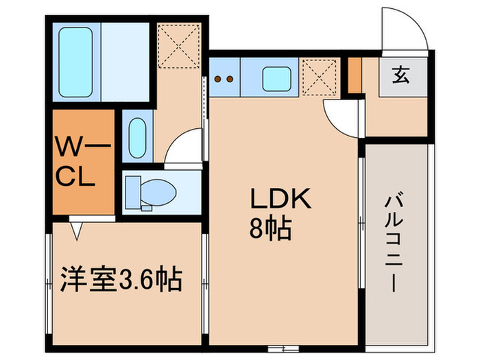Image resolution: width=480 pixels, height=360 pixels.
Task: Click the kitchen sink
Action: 277,77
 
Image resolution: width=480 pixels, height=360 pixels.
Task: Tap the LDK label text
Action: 280,200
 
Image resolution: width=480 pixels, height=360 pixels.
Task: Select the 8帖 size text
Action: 270,228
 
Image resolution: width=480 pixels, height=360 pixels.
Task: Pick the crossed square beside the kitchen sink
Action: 321,77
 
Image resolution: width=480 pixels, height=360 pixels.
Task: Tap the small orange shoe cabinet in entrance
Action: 355,75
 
